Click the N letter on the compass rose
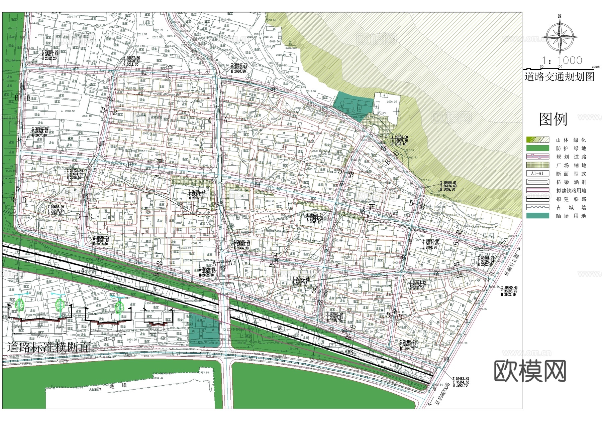click(x=560, y=16)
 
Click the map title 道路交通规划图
click(x=559, y=77)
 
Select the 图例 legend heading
click(x=553, y=119)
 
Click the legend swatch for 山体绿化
click(x=537, y=140)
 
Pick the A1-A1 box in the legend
click(x=537, y=174)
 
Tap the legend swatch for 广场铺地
click(x=537, y=165)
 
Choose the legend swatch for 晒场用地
click(x=537, y=216)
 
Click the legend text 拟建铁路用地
click(x=571, y=191)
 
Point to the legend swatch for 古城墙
click(x=537, y=207)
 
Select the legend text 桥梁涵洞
click(x=571, y=182)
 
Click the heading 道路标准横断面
click(x=49, y=348)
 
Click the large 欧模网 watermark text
click(x=530, y=371)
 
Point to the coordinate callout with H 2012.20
click(x=49, y=55)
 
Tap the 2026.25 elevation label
click(x=392, y=102)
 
